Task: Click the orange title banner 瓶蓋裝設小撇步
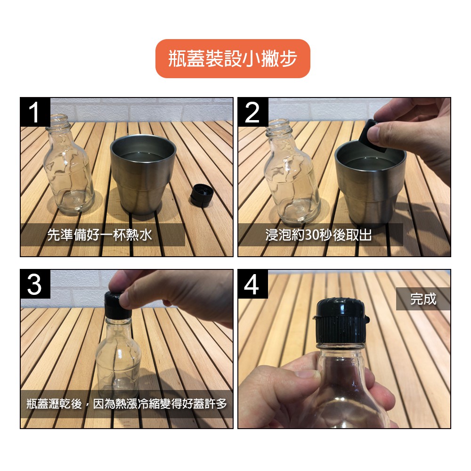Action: (x=233, y=58)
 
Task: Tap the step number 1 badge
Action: (x=35, y=112)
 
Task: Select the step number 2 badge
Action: (x=253, y=112)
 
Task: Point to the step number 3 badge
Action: (x=35, y=284)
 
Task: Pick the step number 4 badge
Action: (x=253, y=284)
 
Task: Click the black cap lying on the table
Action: (x=201, y=195)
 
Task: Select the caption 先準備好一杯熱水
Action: (x=100, y=235)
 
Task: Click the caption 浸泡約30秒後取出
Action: (x=319, y=235)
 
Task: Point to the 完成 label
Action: (x=423, y=299)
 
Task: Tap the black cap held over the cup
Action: (x=373, y=137)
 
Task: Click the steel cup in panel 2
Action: (x=371, y=183)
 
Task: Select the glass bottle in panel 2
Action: (x=290, y=171)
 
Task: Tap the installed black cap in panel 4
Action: (x=341, y=321)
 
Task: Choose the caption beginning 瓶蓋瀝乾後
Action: (x=126, y=404)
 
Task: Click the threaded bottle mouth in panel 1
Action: (x=57, y=121)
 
